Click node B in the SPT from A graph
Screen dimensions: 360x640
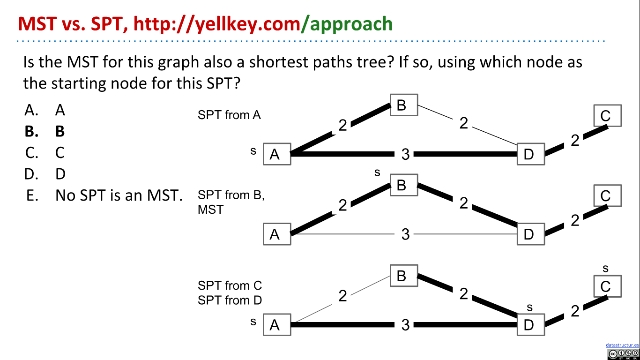[403, 105]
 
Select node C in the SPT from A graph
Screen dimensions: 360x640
[607, 115]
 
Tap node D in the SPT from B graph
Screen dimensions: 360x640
[531, 234]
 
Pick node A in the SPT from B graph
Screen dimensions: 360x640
[277, 234]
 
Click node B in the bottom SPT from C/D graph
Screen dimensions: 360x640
[403, 276]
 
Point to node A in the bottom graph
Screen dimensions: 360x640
[277, 324]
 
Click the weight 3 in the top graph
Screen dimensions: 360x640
[405, 154]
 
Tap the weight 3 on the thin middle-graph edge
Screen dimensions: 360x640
[405, 234]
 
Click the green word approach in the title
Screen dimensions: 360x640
[351, 23]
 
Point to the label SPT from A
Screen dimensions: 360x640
[229, 115]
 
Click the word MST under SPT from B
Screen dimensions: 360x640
[210, 209]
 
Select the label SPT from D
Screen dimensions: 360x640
[230, 300]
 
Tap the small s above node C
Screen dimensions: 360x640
[605, 269]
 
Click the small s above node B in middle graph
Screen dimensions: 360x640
[377, 173]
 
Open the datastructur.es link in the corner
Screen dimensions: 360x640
[622, 345]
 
